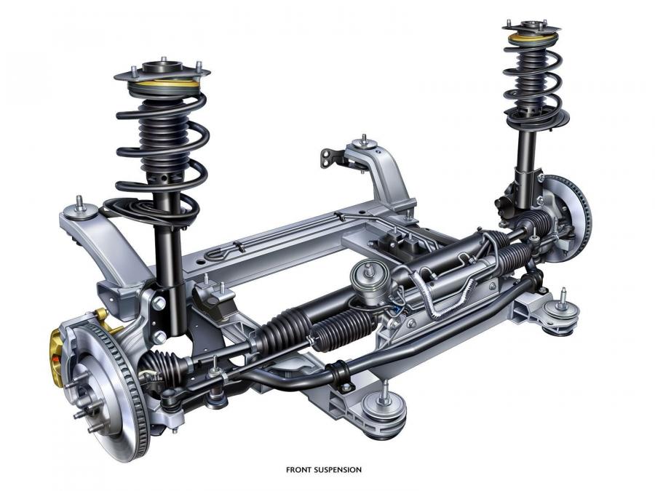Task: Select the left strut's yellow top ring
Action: (164, 84)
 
